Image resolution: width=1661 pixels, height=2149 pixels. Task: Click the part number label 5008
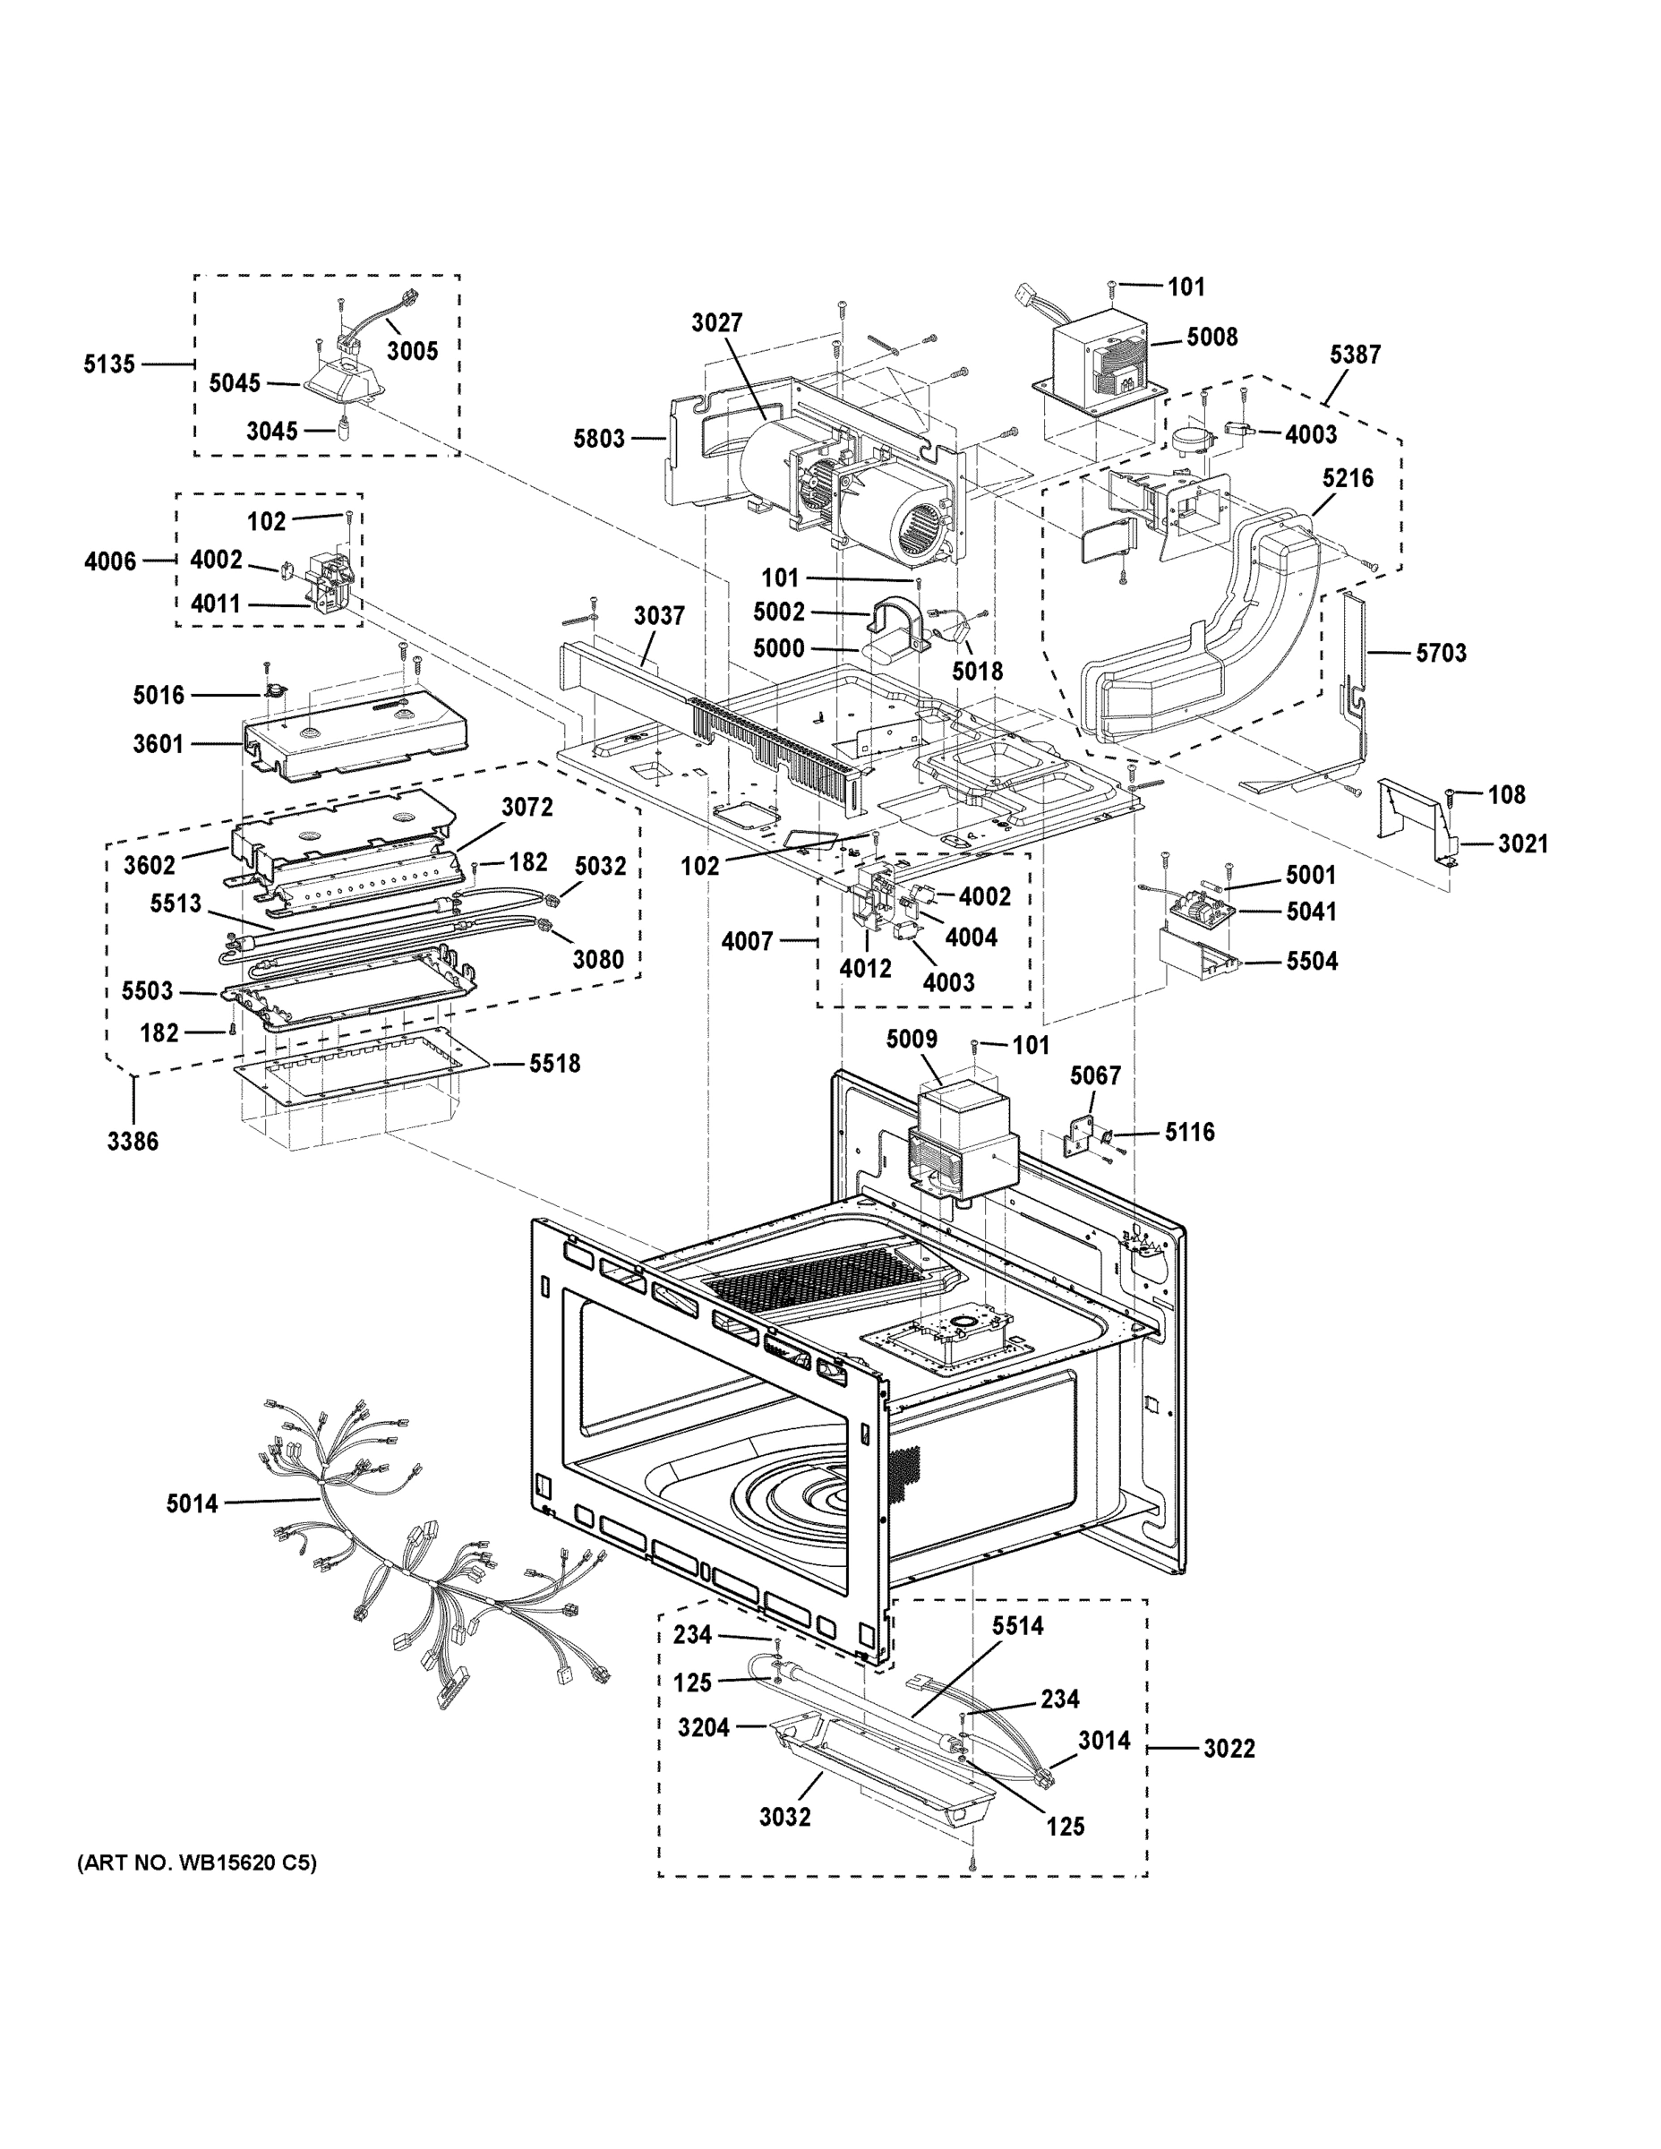(x=1212, y=338)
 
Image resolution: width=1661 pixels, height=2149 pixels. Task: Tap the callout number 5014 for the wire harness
(x=192, y=1503)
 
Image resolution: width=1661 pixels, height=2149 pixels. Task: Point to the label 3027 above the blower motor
(x=716, y=322)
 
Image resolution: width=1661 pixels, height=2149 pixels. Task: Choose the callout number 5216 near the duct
(x=1347, y=478)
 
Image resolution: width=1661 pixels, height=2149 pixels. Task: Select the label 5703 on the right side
(x=1441, y=654)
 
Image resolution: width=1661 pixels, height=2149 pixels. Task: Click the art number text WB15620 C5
(x=197, y=1862)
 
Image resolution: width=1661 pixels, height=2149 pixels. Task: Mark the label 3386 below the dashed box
(x=133, y=1142)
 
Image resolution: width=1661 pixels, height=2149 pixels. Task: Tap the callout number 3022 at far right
(x=1229, y=1749)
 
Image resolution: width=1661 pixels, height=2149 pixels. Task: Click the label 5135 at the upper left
(x=108, y=364)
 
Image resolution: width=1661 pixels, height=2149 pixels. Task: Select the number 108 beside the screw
(x=1505, y=794)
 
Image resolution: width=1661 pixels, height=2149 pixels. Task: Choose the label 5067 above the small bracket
(x=1095, y=1075)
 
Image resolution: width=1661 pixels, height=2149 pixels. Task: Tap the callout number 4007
(x=747, y=942)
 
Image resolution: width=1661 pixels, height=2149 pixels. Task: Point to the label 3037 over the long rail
(x=658, y=616)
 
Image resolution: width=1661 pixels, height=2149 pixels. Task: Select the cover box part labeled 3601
(x=355, y=738)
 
